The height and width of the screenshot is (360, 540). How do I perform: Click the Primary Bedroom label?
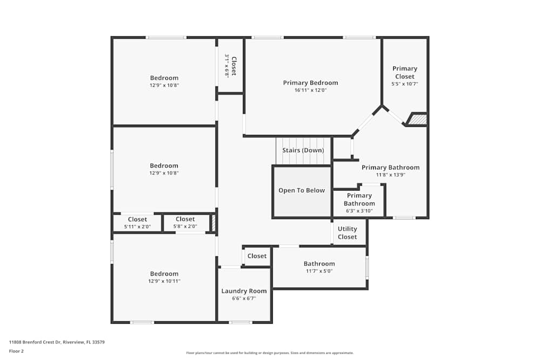click(310, 83)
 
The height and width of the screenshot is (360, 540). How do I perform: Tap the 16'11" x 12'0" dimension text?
click(310, 90)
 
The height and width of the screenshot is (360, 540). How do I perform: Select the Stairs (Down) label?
click(303, 150)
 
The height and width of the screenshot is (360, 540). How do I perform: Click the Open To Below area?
click(301, 191)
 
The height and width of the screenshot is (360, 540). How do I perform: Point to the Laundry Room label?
click(244, 291)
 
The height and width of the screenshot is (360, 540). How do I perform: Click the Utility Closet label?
click(347, 233)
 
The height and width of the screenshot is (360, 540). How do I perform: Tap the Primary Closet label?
click(404, 72)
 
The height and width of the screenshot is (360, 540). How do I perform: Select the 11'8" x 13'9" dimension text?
click(390, 175)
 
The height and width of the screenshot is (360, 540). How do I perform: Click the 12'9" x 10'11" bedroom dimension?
click(164, 281)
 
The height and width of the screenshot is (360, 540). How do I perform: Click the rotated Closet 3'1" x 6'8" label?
click(231, 66)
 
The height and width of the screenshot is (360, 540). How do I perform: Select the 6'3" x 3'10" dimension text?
click(359, 211)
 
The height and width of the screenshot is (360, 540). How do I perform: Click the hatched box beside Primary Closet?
click(417, 119)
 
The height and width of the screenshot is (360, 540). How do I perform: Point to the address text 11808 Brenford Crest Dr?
click(57, 342)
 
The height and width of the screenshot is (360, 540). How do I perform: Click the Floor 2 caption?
click(16, 351)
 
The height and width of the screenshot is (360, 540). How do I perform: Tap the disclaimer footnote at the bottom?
click(269, 353)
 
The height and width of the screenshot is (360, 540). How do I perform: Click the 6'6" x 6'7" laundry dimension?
click(244, 298)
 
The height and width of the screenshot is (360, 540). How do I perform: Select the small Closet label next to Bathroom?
click(257, 256)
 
